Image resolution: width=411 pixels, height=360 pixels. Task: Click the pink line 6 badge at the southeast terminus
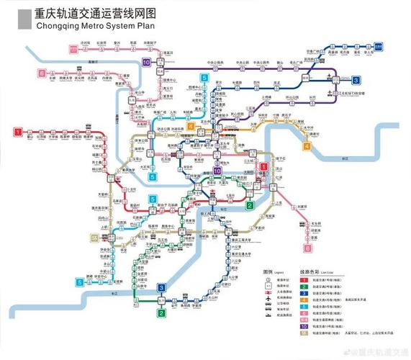click(x=307, y=248)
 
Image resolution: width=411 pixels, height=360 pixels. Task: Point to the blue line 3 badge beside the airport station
click(x=356, y=80)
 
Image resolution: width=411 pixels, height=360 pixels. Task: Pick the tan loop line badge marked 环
click(x=93, y=238)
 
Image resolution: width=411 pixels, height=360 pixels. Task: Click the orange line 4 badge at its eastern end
click(x=307, y=148)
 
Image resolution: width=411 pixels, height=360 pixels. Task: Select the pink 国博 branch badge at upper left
click(x=73, y=49)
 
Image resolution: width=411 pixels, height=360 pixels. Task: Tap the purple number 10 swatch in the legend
click(x=304, y=326)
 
